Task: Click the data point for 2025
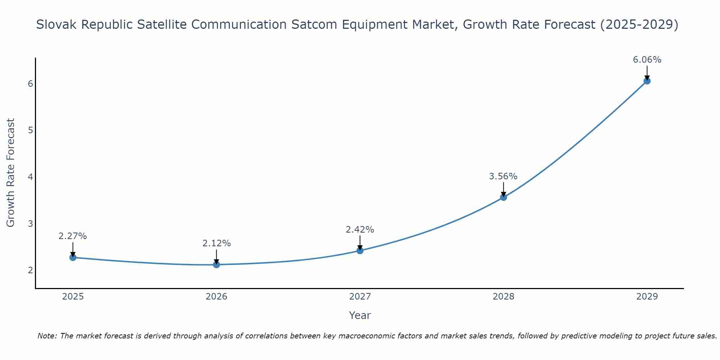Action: point(73,257)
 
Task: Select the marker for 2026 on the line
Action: point(216,265)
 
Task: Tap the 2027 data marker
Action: point(360,251)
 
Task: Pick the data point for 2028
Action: point(503,197)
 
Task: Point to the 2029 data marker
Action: point(647,81)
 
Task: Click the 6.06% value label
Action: point(647,60)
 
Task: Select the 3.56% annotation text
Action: point(503,176)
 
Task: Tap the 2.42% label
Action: point(360,230)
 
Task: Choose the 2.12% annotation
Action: point(216,243)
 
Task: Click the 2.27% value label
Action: point(73,236)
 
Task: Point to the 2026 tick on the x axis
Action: point(216,297)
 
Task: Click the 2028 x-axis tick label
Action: point(503,297)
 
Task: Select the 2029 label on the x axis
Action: point(647,297)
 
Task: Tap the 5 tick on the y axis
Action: point(30,130)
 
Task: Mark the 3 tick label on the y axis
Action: point(30,224)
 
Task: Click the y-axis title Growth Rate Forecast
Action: point(11,173)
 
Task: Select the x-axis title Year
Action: point(360,315)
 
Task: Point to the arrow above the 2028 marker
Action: point(503,189)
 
